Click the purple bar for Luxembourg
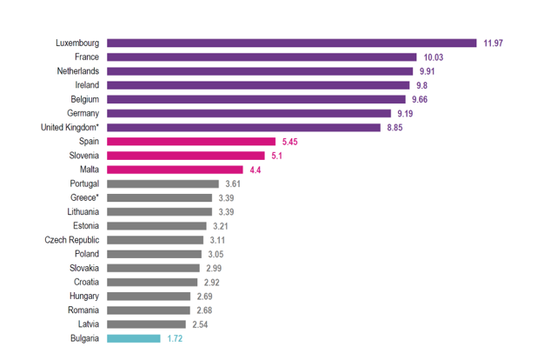point(291,43)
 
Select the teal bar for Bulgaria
point(134,338)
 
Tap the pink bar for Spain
point(190,141)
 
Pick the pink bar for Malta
point(175,170)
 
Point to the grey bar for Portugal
point(163,183)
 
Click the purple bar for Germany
point(249,113)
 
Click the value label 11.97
point(494,43)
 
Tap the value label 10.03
point(435,57)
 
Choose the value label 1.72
point(176,338)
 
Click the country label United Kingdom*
point(70,127)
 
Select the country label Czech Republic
point(72,240)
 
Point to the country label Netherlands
point(76,71)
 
